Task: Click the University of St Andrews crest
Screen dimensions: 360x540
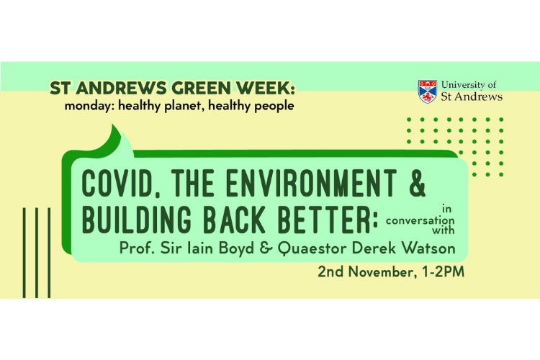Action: click(427, 91)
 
